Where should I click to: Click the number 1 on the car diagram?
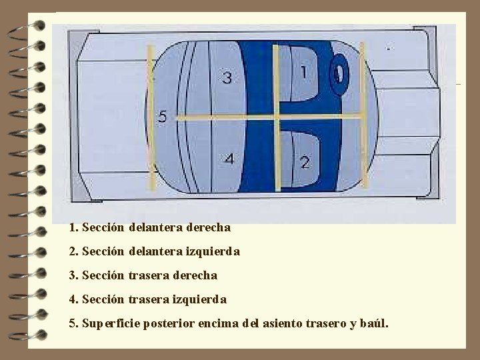click(x=304, y=71)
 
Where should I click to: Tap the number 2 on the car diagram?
click(x=305, y=162)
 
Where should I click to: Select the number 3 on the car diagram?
click(x=227, y=79)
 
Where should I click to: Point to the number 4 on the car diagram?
click(x=229, y=159)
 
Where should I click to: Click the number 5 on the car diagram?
click(x=162, y=117)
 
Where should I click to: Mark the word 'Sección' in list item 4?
click(x=103, y=299)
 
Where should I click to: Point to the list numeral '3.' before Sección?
click(x=73, y=275)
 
